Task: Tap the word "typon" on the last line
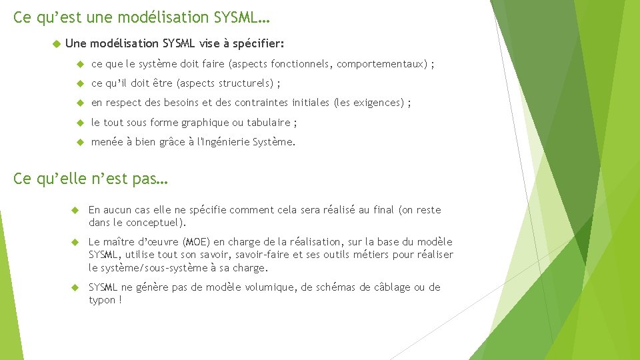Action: click(101, 300)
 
